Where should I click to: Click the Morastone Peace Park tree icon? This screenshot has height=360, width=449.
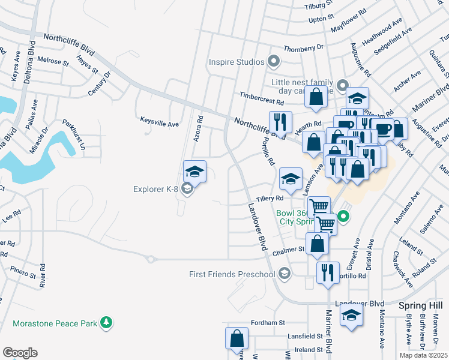(106, 323)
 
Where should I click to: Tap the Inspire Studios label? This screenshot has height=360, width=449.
(237, 62)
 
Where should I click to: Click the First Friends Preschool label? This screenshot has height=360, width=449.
(232, 274)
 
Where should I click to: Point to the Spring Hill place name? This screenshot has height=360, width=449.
(420, 305)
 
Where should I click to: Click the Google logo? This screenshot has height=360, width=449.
(20, 353)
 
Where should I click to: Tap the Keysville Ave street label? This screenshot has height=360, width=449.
(160, 124)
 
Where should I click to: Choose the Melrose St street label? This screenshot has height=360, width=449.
(50, 61)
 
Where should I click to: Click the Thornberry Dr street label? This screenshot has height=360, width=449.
(304, 47)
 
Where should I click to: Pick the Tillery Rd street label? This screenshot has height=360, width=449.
(270, 198)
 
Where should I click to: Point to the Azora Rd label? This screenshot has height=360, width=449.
(196, 128)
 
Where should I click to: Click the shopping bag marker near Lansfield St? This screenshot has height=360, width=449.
(237, 338)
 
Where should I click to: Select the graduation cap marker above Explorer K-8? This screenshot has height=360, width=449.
(194, 172)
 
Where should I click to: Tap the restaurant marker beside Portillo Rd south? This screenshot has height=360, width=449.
(327, 272)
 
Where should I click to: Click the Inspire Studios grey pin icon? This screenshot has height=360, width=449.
(274, 61)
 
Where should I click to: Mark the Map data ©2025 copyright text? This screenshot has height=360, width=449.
(423, 355)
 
